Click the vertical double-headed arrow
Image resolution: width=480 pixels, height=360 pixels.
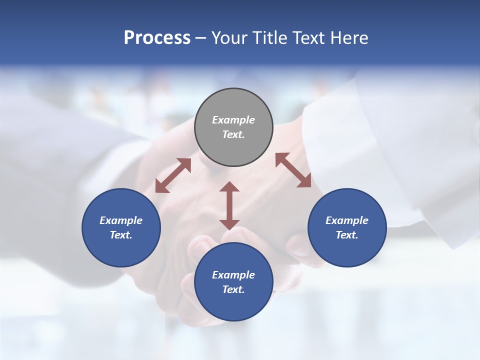tap(229, 205)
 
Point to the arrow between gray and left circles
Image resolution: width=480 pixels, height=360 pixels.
tap(173, 175)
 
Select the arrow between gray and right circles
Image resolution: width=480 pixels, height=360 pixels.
tap(293, 170)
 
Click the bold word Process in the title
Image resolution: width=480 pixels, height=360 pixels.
tap(157, 38)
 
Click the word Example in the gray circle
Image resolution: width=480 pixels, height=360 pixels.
tap(233, 120)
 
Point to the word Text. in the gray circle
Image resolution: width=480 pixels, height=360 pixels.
tap(233, 134)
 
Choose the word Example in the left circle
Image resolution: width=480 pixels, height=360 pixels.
tap(121, 220)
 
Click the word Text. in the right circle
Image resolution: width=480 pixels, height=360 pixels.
tap(347, 235)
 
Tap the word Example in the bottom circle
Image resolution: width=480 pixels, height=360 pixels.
tap(233, 275)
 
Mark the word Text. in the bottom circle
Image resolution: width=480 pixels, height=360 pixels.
tap(233, 289)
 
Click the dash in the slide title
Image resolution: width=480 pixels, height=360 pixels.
tap(201, 38)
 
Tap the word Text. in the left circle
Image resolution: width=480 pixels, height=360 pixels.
tap(121, 235)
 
